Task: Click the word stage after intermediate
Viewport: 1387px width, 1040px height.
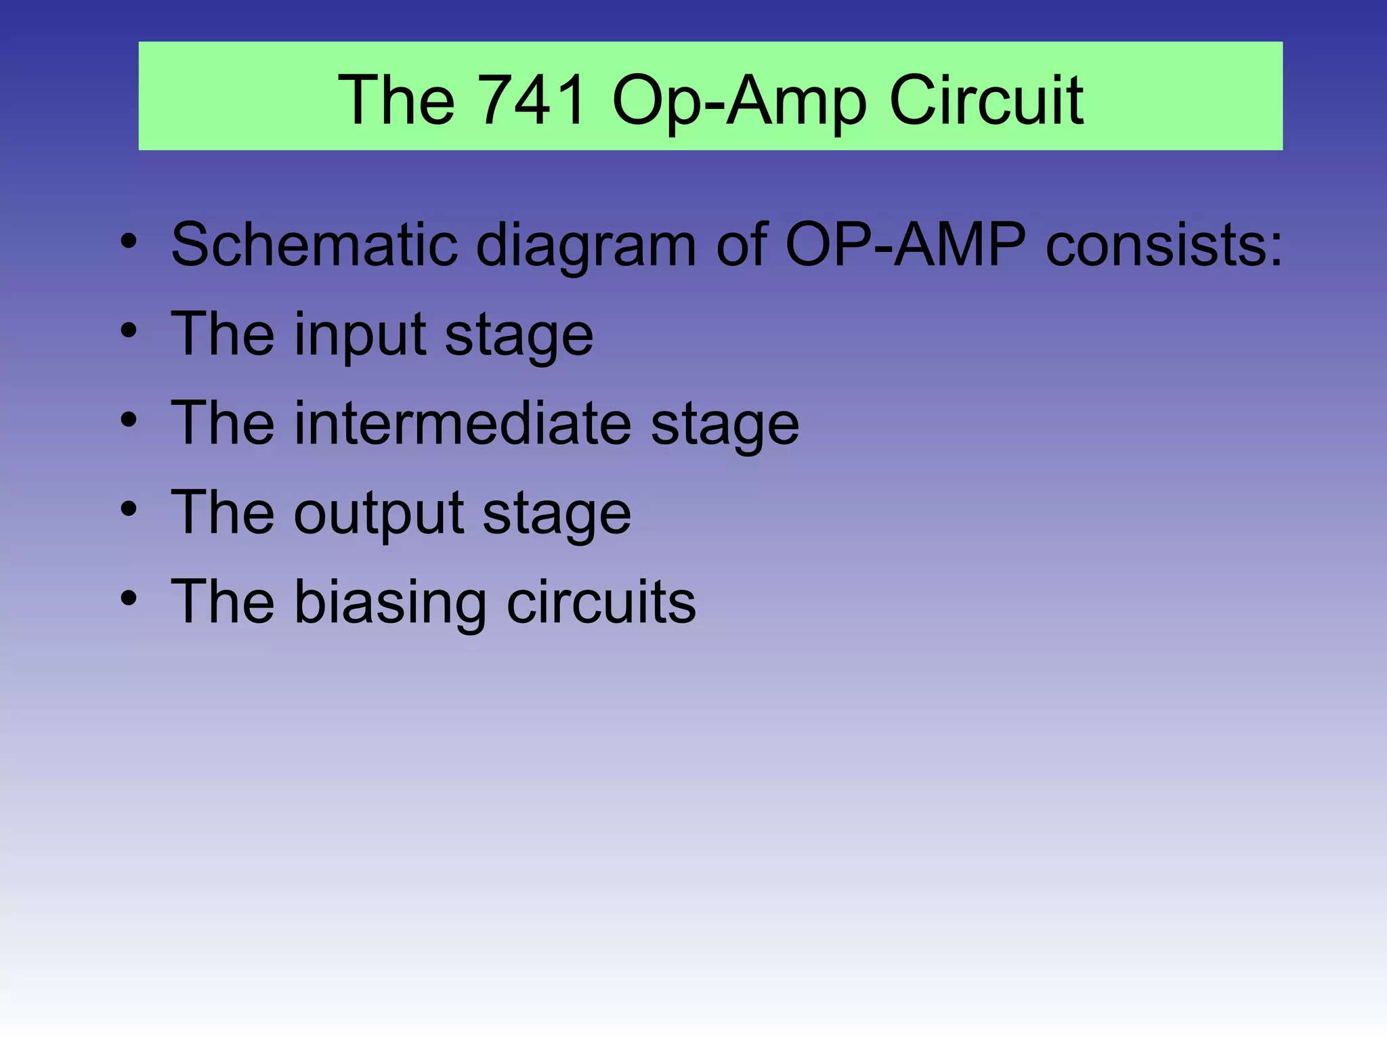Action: click(x=725, y=425)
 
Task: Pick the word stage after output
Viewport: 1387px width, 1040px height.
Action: click(x=557, y=515)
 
